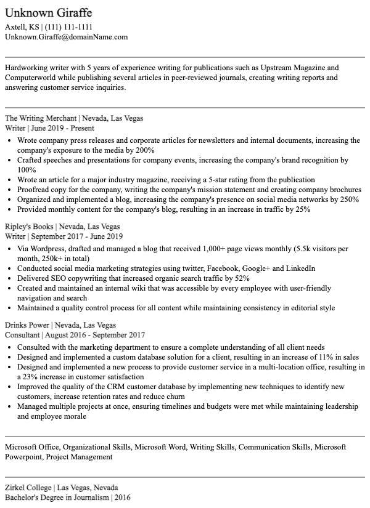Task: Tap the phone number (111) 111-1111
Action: [70, 27]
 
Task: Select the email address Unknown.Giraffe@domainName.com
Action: [66, 37]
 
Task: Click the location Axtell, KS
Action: [22, 27]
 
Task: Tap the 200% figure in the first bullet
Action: [144, 150]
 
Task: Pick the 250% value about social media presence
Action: [348, 200]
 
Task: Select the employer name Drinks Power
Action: [27, 325]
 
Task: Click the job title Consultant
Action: [22, 335]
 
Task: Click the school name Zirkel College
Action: [28, 487]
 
